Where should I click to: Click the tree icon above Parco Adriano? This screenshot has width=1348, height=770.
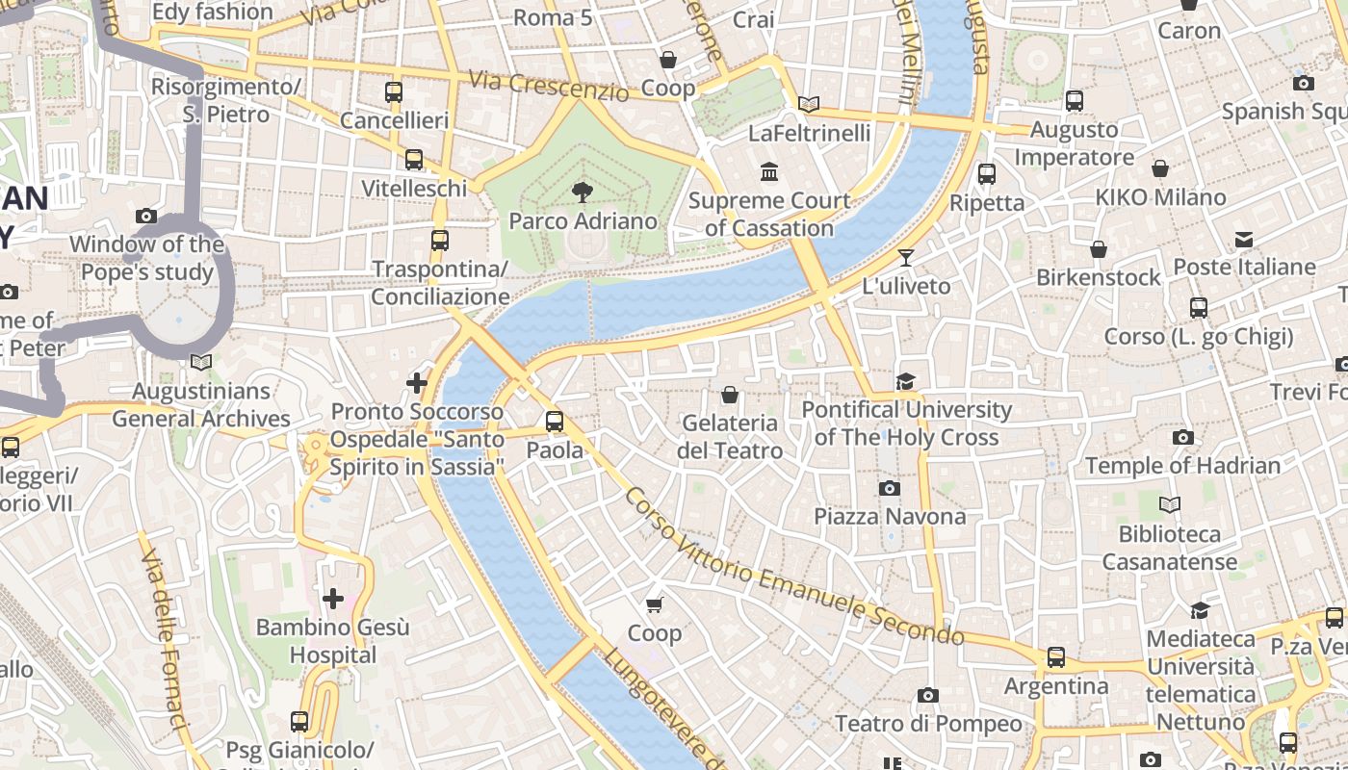(x=582, y=192)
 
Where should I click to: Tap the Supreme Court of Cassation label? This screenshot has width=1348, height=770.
(x=769, y=215)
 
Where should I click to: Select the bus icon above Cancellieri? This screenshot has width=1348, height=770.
(x=394, y=92)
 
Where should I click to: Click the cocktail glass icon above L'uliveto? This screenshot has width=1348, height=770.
(x=905, y=257)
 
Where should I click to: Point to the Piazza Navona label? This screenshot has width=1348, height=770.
(x=890, y=517)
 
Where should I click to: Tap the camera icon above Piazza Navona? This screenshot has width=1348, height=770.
(x=890, y=489)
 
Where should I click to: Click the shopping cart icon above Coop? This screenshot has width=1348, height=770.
(x=655, y=604)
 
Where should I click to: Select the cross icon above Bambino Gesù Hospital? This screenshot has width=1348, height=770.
(x=333, y=599)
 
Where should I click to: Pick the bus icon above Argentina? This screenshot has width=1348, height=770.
(x=1056, y=657)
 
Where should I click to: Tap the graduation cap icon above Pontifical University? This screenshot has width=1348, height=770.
(x=905, y=382)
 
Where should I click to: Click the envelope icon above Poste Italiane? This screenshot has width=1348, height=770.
(x=1244, y=239)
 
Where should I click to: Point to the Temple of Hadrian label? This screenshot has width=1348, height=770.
(x=1182, y=466)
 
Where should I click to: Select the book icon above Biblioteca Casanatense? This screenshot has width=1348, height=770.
(x=1170, y=505)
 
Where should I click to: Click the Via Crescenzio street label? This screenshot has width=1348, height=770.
(x=548, y=86)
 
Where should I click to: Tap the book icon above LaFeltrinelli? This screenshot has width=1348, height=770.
(x=809, y=104)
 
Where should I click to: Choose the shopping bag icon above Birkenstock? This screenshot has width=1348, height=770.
(x=1099, y=249)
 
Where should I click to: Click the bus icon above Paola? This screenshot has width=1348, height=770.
(x=555, y=422)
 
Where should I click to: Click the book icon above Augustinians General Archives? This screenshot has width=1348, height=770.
(x=201, y=363)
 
